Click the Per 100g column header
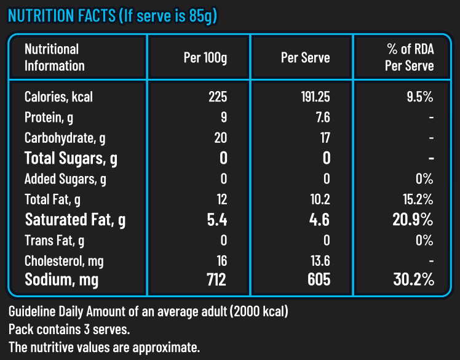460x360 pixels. pos(205,58)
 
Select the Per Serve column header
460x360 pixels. pos(305,58)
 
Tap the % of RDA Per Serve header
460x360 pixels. pos(409,57)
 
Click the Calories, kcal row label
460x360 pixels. pos(58,97)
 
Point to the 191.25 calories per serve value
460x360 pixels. pos(314,97)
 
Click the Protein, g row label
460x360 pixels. pos(50,118)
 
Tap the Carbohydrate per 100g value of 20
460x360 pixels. pos(220,138)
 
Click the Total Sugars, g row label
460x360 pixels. pos(71,158)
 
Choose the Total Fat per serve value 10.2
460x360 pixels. pos(320,199)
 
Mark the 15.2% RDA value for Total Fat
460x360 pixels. pos(418,199)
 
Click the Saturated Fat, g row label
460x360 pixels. pos(75,220)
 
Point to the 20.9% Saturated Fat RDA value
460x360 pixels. pos(414,220)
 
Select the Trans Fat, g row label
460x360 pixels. pos(54,240)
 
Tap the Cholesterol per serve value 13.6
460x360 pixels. pos(320,260)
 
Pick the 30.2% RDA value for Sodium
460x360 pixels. pos(414,280)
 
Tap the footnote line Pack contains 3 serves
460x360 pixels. pos(69,329)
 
